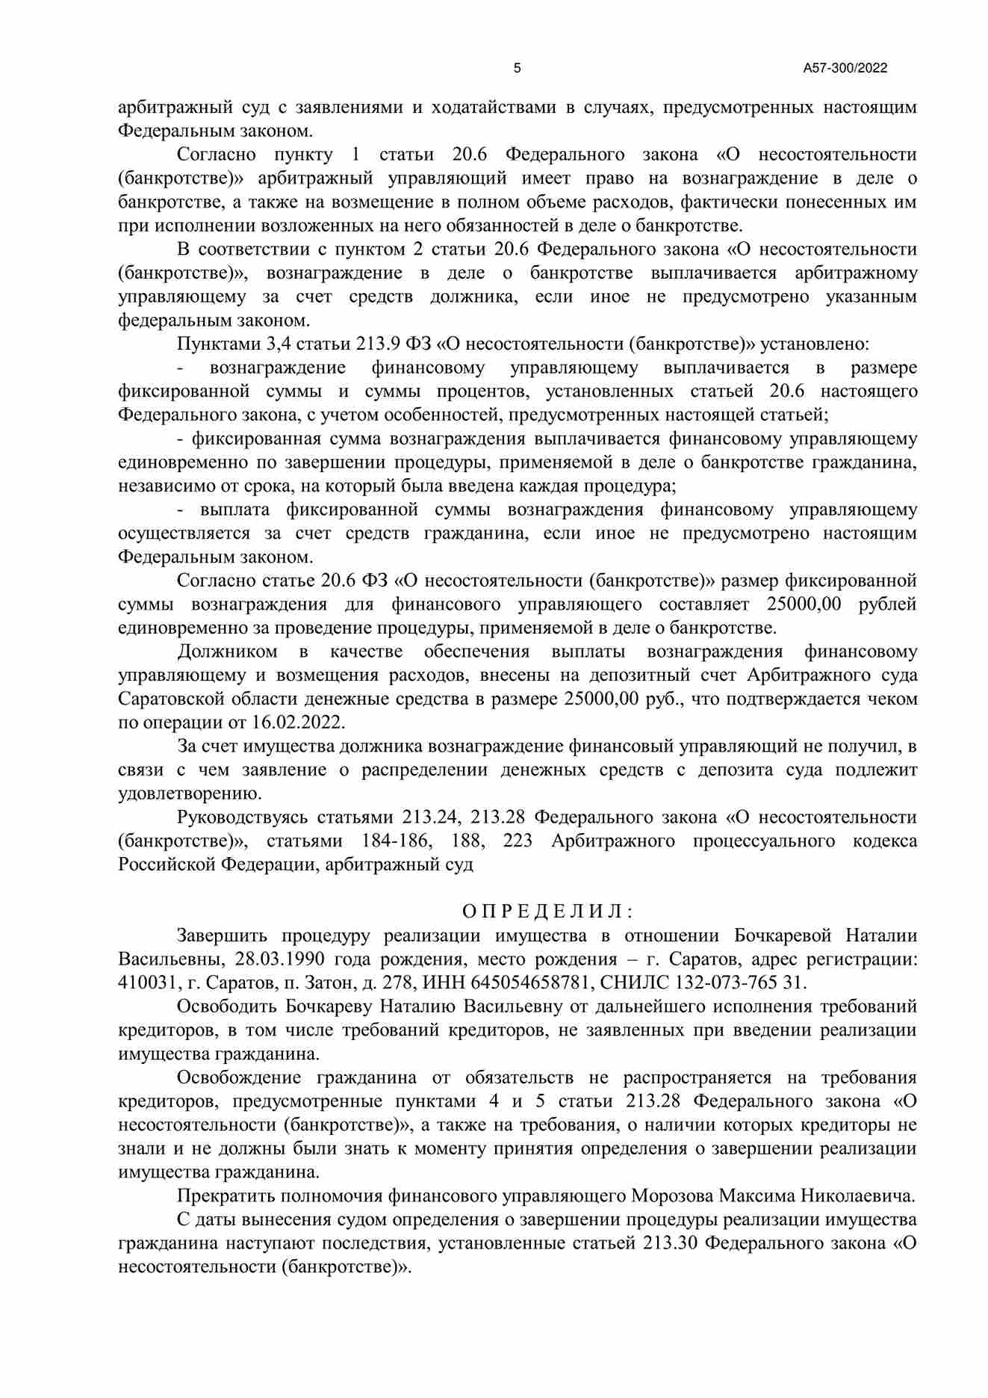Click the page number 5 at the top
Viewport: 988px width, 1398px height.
517,69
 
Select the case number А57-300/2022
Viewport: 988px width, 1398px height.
845,69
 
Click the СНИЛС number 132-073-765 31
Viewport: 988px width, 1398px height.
755,983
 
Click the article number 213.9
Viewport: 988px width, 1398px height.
382,344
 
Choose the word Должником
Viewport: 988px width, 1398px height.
227,652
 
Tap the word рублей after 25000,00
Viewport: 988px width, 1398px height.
887,604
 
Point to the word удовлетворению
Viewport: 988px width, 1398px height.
190,794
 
